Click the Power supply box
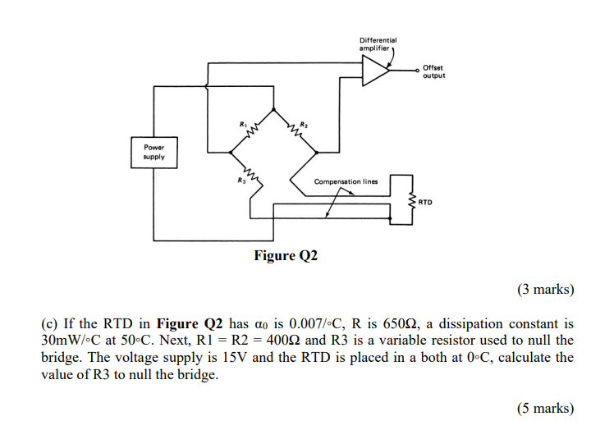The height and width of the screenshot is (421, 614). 153,152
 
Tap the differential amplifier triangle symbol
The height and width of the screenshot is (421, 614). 376,71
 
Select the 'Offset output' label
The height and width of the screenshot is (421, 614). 434,71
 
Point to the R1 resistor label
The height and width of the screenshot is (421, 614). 243,123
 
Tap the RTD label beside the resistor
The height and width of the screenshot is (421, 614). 425,200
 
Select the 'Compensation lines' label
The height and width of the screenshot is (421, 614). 346,181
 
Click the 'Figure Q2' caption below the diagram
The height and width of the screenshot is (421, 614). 286,256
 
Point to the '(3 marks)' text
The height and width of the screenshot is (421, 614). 546,289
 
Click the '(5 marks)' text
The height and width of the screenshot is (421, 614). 546,408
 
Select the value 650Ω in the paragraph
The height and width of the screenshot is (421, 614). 404,323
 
